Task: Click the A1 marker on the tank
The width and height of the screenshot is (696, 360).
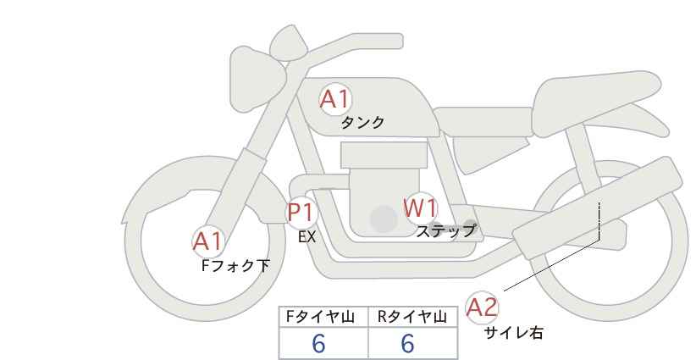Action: pyautogui.click(x=335, y=99)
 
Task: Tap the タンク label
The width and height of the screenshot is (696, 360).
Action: pyautogui.click(x=362, y=123)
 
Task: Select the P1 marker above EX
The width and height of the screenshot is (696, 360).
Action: pyautogui.click(x=301, y=212)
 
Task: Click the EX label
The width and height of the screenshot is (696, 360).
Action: pyautogui.click(x=307, y=237)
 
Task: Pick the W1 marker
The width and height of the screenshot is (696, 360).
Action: pyautogui.click(x=420, y=208)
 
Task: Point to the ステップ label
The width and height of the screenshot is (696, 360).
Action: pyautogui.click(x=445, y=231)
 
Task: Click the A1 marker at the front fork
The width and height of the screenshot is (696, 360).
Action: pyautogui.click(x=207, y=242)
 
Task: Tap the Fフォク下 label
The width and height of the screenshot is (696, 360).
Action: pyautogui.click(x=235, y=266)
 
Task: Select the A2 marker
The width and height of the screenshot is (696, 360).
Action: pyautogui.click(x=482, y=307)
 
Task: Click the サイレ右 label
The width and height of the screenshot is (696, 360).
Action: pyautogui.click(x=513, y=333)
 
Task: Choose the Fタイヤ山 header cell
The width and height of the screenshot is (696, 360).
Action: pyautogui.click(x=323, y=317)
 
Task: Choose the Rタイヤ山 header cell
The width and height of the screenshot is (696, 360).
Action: pyautogui.click(x=413, y=317)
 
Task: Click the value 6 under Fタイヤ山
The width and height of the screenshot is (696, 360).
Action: pyautogui.click(x=318, y=343)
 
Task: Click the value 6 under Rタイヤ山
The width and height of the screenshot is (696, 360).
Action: pyautogui.click(x=407, y=343)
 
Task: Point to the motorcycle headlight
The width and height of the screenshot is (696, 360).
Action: pyautogui.click(x=256, y=79)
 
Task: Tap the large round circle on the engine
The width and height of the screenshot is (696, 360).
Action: pyautogui.click(x=384, y=219)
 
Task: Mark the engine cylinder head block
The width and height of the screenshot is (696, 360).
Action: pyautogui.click(x=384, y=155)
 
